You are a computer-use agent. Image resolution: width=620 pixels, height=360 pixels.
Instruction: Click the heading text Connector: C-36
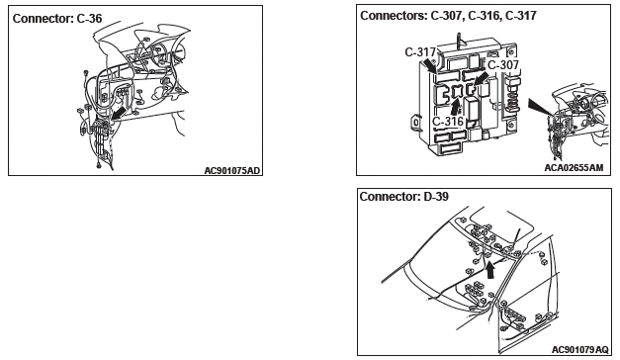[57, 19]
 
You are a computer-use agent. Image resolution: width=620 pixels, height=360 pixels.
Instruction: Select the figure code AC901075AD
[232, 170]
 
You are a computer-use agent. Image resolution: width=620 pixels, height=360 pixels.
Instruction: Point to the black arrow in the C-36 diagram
[119, 113]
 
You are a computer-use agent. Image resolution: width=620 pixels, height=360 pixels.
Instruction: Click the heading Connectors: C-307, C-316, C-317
[448, 16]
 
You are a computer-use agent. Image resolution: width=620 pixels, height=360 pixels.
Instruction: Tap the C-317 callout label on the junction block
[420, 52]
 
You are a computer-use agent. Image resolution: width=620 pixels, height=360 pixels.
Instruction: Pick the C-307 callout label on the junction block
[503, 65]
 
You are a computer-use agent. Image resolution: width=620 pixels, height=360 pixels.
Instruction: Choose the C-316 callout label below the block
[447, 121]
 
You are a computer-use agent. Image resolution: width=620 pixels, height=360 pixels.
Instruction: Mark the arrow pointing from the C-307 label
[481, 78]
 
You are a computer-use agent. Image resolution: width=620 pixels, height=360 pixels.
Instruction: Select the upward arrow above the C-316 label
[456, 107]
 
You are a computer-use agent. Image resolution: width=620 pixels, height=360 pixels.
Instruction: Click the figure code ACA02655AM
[574, 168]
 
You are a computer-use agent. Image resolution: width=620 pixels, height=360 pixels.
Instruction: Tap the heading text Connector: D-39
[404, 196]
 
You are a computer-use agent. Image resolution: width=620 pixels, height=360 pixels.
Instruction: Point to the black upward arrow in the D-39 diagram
[490, 271]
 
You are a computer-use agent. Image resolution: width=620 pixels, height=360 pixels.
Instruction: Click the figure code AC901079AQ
[580, 350]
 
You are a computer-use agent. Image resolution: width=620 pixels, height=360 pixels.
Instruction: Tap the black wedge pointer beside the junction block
[540, 107]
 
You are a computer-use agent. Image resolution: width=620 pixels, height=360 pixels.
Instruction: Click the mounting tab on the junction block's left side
[415, 122]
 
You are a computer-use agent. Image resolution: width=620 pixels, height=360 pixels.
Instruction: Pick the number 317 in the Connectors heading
[527, 16]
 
